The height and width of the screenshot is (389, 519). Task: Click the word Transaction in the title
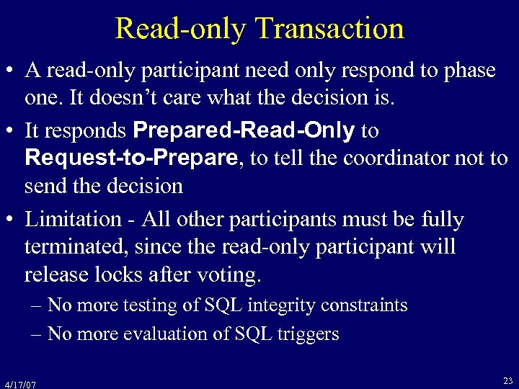[x=329, y=29]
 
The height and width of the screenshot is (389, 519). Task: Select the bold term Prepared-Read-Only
[x=244, y=130]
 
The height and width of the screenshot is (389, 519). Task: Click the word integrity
[x=278, y=305]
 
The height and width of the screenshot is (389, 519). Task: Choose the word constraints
[x=365, y=305]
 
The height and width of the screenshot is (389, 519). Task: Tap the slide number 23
[x=507, y=380]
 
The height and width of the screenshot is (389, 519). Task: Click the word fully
[x=445, y=219]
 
